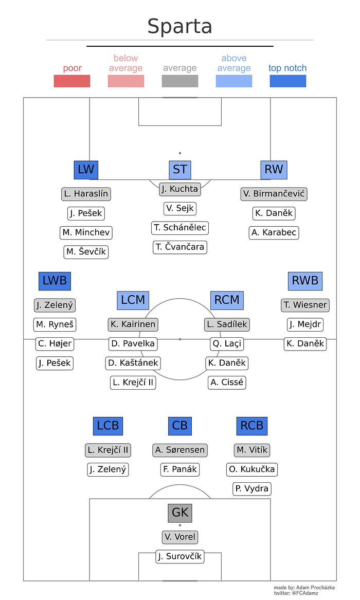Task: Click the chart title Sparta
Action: pos(179,26)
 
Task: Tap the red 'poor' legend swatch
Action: pos(72,81)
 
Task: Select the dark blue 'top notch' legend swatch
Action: pos(287,81)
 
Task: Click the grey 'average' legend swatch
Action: pos(179,81)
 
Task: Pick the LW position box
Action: pos(86,170)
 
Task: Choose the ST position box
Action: pos(180,170)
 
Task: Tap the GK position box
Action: pos(180,513)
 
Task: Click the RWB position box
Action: pos(305,281)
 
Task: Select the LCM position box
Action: pos(133,300)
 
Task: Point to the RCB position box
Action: pos(252,426)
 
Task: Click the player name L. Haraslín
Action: pos(86,194)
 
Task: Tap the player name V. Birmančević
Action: pos(274,194)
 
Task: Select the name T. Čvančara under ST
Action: pos(180,247)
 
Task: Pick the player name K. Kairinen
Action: pos(133,324)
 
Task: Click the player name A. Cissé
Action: pos(227,383)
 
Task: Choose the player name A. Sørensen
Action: pos(179,450)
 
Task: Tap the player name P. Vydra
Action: pos(252,488)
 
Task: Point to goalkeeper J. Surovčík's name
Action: pos(180,556)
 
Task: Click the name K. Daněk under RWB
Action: pos(305,343)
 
